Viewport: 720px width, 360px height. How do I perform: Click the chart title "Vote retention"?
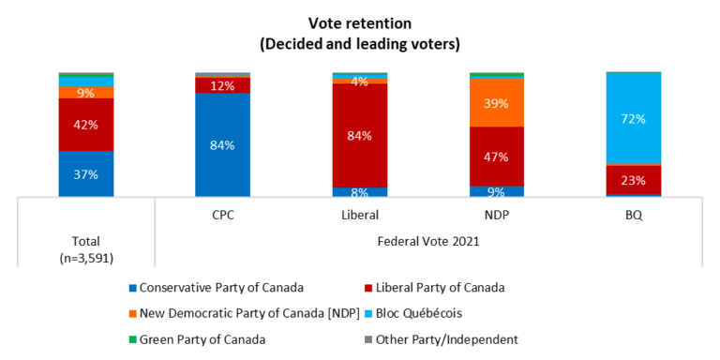point(360,22)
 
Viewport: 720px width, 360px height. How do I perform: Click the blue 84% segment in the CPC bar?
point(222,144)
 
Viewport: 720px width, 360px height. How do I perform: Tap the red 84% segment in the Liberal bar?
point(359,135)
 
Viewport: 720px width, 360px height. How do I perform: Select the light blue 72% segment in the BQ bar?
point(633,118)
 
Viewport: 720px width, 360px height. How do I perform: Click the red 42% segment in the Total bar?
point(85,124)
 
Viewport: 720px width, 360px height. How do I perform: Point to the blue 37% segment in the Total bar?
point(85,173)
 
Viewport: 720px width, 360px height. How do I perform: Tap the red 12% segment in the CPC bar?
point(222,85)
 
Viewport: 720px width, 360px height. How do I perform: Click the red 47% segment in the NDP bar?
point(496,156)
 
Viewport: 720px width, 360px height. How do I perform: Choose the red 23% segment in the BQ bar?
point(633,180)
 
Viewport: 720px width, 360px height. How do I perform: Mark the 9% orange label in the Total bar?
point(85,92)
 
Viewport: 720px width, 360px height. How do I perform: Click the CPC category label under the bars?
point(222,215)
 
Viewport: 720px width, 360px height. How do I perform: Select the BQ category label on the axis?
point(633,215)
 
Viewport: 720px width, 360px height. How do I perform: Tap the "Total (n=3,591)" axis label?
point(85,248)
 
